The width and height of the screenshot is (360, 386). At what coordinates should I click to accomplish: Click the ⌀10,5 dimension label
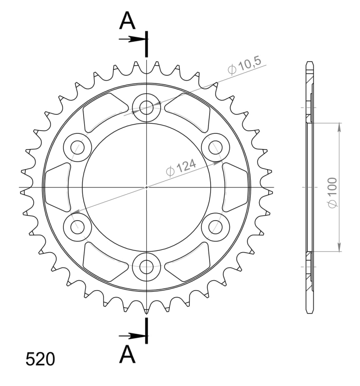tap(244, 66)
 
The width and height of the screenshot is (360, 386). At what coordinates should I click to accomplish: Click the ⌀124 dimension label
tap(181, 168)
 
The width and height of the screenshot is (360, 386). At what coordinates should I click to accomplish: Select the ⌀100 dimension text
tap(333, 192)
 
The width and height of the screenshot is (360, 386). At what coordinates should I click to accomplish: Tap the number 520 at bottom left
tap(40, 359)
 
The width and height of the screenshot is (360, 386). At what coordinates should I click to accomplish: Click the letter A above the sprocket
tap(127, 21)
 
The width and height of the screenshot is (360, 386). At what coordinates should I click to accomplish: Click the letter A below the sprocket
tap(127, 354)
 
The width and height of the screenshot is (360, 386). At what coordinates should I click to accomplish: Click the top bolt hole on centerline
tap(146, 108)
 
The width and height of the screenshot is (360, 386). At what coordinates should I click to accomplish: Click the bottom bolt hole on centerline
tap(146, 267)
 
